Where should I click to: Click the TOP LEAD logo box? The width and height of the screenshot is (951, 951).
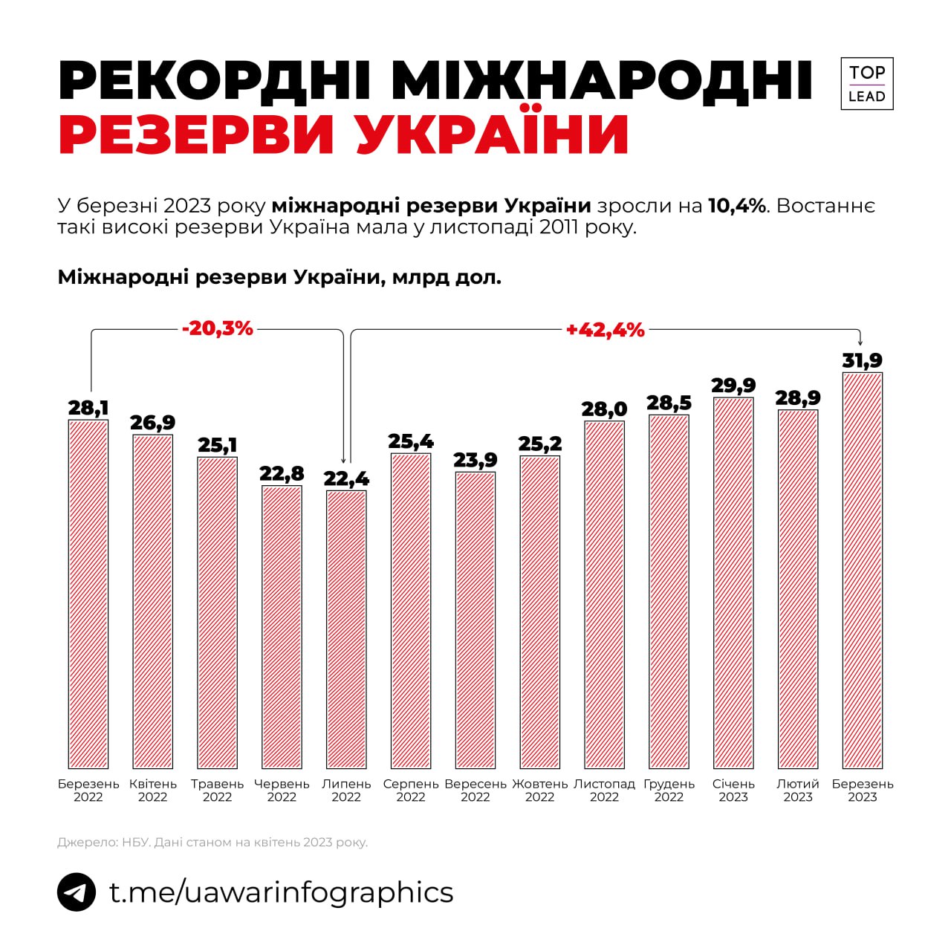[x=866, y=84]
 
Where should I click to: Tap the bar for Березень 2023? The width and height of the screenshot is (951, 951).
[x=862, y=570]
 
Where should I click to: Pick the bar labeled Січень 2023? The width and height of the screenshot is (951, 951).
[x=733, y=582]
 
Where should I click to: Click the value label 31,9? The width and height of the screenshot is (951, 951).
[x=862, y=361]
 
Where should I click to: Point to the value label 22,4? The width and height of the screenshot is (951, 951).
[x=346, y=479]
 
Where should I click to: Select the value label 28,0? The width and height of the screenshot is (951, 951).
[x=604, y=409]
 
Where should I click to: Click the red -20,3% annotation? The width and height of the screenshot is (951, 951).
[x=218, y=328]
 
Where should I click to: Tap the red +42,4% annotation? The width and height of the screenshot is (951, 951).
[x=605, y=330]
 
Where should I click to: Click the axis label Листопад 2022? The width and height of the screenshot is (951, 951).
[x=604, y=791]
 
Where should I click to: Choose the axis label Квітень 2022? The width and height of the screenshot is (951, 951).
[x=153, y=791]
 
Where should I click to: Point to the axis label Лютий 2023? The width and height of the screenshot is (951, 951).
[x=798, y=791]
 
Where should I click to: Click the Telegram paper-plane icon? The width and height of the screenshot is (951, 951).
[x=77, y=892]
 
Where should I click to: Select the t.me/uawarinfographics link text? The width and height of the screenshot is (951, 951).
[x=281, y=892]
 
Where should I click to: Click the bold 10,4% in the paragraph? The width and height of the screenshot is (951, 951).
[x=736, y=206]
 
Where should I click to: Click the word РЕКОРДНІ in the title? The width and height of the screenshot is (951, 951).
[x=215, y=80]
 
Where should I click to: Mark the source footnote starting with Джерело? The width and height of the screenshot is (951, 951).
[x=212, y=843]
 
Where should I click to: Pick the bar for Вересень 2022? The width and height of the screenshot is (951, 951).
[x=475, y=620]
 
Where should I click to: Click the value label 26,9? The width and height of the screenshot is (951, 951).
[x=153, y=423]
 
